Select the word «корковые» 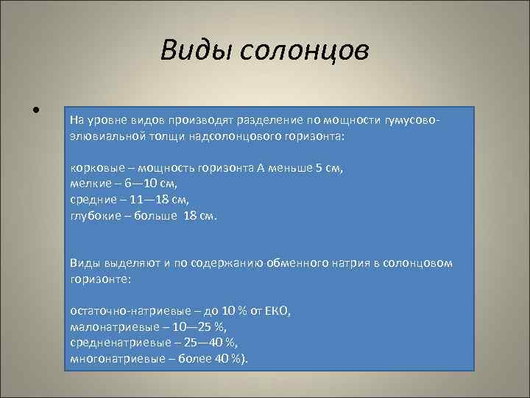click(94, 168)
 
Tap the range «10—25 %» click(196, 327)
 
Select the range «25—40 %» click(206, 343)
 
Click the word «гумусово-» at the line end click(411, 120)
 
